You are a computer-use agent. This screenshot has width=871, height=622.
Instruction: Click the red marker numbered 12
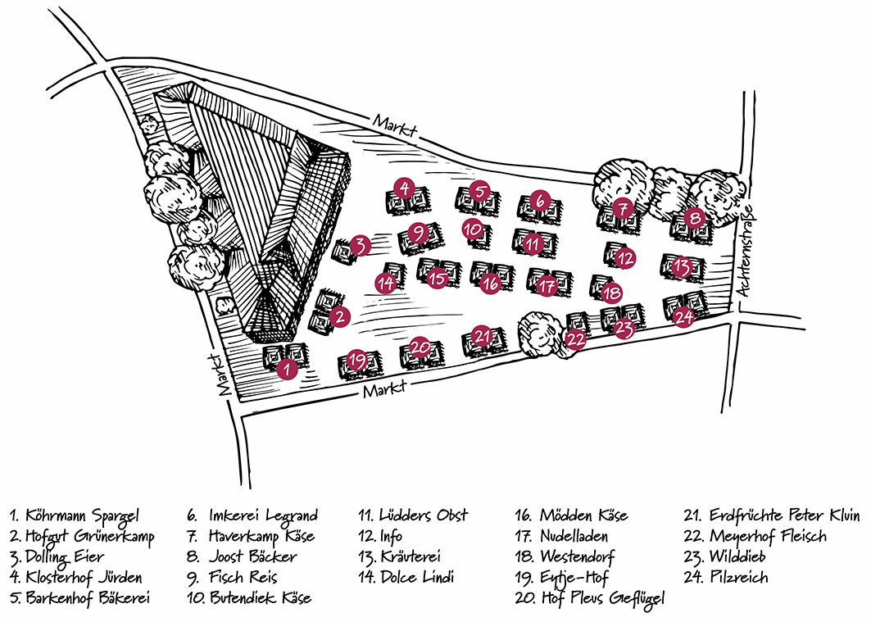click(625, 257)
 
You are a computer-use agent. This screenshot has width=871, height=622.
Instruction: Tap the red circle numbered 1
click(286, 370)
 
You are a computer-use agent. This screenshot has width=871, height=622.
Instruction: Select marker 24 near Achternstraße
click(684, 317)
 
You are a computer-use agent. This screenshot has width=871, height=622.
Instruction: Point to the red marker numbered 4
click(404, 188)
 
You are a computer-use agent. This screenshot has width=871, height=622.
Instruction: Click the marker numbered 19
click(356, 360)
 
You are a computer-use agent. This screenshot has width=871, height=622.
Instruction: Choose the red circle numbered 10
click(471, 229)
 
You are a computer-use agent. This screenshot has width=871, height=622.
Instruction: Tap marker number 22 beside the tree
click(576, 338)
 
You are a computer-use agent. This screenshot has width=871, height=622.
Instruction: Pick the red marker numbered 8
click(695, 218)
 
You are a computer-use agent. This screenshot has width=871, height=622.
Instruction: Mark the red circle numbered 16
click(490, 284)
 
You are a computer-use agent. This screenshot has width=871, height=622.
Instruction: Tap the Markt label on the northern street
click(396, 125)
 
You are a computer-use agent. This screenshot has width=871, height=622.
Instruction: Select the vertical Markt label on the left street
click(220, 375)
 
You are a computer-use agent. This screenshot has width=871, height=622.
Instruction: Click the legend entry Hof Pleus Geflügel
click(591, 599)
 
